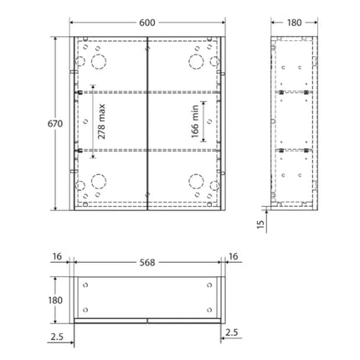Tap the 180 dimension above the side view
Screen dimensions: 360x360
(293, 23)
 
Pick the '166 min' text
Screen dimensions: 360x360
(194, 121)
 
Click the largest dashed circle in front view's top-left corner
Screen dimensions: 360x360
(99, 62)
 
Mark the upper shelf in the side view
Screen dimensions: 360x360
(293, 91)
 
